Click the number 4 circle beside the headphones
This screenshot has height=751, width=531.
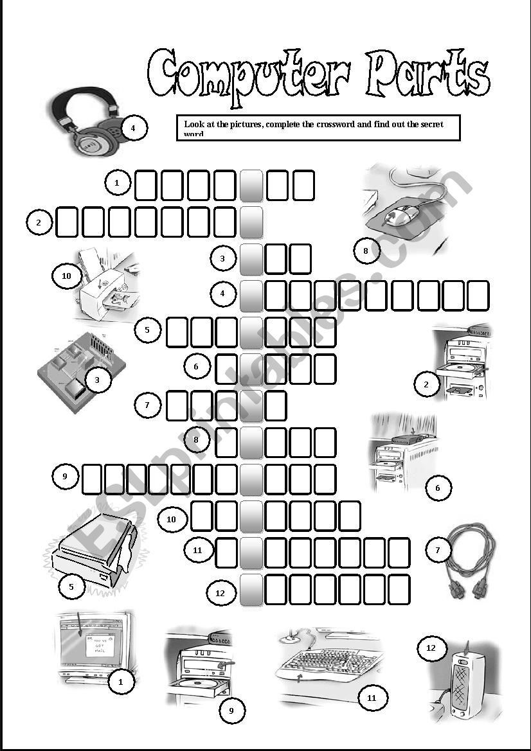pos(133,128)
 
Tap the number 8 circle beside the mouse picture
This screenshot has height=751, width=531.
pos(366,251)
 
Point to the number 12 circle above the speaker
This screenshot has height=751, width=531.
pos(431,648)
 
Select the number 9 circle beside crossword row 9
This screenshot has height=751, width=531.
pos(65,476)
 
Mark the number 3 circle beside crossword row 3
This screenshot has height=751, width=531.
pos(222,259)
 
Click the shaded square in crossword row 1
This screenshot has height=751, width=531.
pos(251,185)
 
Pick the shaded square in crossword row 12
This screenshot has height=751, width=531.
pos(251,590)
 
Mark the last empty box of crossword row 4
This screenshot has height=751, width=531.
pos(478,296)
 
